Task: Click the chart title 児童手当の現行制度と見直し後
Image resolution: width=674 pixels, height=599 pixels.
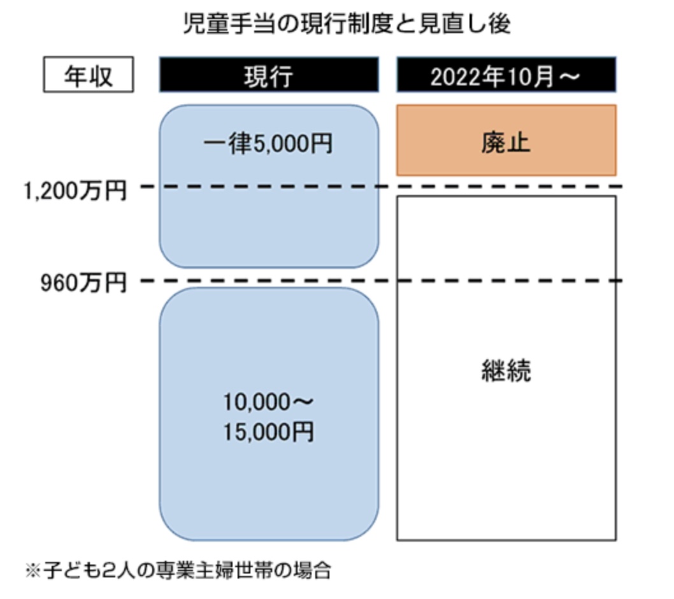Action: coord(347,24)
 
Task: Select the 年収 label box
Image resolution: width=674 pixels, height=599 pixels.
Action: coord(89,75)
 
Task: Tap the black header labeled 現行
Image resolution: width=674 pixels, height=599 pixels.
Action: coord(269,75)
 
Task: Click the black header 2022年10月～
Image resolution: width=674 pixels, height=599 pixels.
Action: coord(506,75)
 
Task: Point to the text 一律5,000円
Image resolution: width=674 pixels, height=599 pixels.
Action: coord(268,143)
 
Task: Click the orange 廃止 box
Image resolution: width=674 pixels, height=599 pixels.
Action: coord(506,140)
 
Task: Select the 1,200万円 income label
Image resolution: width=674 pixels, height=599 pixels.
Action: coord(75,191)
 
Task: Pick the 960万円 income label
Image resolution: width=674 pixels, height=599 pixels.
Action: coord(84,283)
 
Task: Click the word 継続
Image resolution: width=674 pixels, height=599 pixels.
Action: coord(506,370)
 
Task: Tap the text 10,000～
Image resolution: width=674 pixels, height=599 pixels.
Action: coord(268,402)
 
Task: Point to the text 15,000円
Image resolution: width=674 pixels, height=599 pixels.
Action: coord(268,432)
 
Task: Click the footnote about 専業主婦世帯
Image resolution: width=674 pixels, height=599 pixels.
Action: coord(178,570)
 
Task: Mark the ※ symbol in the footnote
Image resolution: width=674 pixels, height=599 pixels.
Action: coord(33,571)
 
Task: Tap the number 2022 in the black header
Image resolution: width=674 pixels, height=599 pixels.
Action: coord(455,77)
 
